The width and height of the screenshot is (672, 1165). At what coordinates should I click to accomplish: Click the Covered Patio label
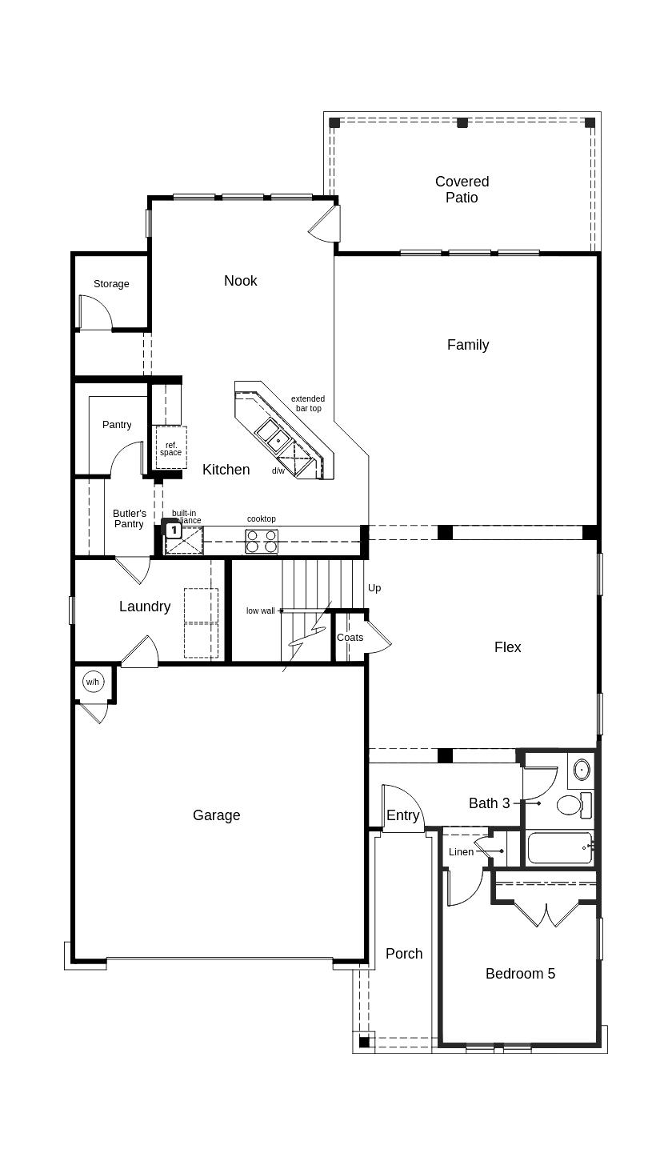(x=462, y=190)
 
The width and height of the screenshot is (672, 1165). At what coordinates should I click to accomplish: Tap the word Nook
(x=240, y=280)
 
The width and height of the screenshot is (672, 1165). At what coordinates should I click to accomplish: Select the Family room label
(x=468, y=345)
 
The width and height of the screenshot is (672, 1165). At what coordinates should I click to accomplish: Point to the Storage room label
(x=111, y=284)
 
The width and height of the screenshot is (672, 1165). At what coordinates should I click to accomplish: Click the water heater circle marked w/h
(x=93, y=682)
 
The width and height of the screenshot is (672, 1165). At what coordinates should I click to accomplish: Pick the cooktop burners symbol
(x=262, y=542)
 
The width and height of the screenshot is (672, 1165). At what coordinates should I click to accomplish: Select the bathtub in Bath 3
(x=559, y=848)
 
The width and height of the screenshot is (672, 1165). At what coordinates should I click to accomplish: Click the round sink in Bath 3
(x=582, y=770)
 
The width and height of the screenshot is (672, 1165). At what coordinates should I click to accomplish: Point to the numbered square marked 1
(x=173, y=530)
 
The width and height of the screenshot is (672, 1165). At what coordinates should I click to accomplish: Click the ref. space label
(x=170, y=449)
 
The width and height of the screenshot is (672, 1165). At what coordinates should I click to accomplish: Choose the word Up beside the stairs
(x=374, y=588)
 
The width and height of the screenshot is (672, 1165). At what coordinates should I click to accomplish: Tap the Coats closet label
(x=350, y=638)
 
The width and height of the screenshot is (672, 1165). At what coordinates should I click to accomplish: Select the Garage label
(x=216, y=815)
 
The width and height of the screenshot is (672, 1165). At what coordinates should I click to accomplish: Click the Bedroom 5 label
(x=520, y=974)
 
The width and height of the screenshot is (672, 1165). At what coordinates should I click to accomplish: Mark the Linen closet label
(x=461, y=852)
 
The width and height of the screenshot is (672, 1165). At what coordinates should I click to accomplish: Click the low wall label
(x=260, y=611)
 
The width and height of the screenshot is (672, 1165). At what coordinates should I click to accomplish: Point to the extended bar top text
(x=308, y=403)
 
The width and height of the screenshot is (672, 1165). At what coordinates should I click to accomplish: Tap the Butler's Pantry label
(x=129, y=518)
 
